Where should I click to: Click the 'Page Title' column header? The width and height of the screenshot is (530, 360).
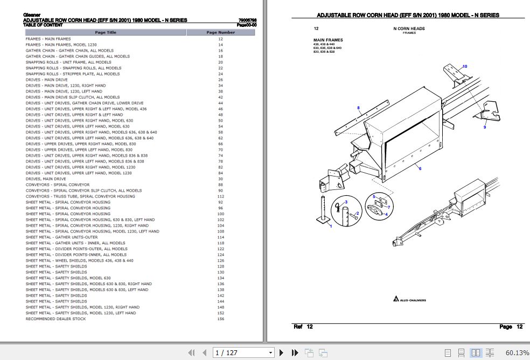click(x=105, y=32)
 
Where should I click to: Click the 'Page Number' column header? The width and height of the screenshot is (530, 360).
click(x=220, y=32)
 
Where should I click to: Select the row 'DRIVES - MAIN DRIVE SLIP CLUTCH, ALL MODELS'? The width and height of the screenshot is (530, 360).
click(x=72, y=97)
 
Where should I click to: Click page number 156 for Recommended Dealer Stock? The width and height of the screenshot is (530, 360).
click(x=220, y=319)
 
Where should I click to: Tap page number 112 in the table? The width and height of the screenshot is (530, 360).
click(x=220, y=196)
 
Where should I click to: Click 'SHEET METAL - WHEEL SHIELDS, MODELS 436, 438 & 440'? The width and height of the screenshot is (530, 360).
click(x=79, y=260)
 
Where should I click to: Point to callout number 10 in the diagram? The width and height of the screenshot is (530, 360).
click(x=465, y=66)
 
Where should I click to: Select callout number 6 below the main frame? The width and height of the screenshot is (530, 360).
click(x=420, y=168)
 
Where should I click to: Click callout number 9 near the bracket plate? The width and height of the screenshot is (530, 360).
click(x=484, y=127)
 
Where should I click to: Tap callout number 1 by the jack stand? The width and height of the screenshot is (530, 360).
click(x=331, y=226)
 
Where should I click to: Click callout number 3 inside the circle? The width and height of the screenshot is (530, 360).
click(x=346, y=202)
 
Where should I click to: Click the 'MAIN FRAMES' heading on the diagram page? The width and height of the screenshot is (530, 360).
click(x=327, y=40)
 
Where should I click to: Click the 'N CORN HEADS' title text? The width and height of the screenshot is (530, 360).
click(x=409, y=28)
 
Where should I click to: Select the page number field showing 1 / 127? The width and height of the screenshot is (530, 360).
click(x=242, y=353)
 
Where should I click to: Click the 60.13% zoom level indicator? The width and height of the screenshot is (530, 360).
click(x=517, y=353)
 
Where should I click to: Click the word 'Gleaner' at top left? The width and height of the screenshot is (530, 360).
click(x=32, y=15)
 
